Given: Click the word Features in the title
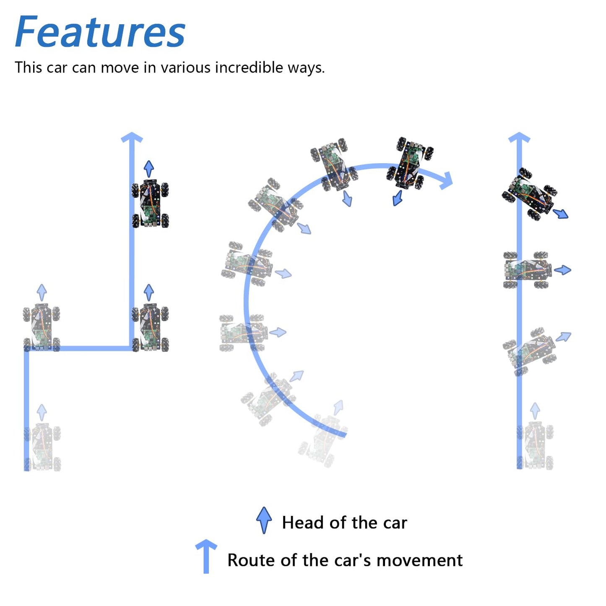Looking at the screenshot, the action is [100, 31].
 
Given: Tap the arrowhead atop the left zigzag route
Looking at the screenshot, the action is [132, 138].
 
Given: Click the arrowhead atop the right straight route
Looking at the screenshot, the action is [519, 138].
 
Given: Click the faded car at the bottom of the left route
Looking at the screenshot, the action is [42, 447].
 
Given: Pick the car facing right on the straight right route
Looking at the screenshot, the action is [528, 270].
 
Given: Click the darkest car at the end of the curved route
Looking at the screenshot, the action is [410, 163].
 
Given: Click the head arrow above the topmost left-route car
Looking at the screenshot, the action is [149, 169].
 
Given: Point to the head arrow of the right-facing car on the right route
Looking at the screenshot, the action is [562, 270].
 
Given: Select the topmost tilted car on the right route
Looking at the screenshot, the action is [529, 194].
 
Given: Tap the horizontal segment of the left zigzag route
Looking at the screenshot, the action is [79, 348].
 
